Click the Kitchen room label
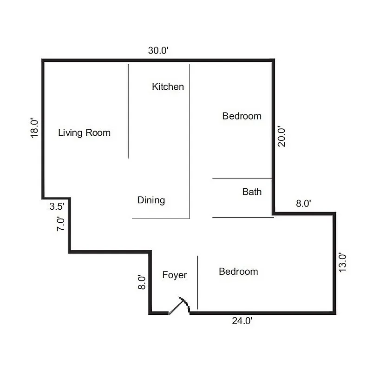tap(168, 86)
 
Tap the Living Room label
tap(84, 133)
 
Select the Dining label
tap(151, 200)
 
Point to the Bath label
tap(252, 192)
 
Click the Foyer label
tap(174, 275)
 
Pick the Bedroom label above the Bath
tap(242, 116)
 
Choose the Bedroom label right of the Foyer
tap(238, 272)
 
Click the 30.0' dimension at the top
tap(158, 51)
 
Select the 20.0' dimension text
tap(281, 136)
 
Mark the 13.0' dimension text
tap(343, 262)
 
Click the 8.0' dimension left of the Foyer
tap(142, 282)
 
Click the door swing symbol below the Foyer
tap(179, 306)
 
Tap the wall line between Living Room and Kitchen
tap(129, 112)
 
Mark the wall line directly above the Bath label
tap(242, 179)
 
